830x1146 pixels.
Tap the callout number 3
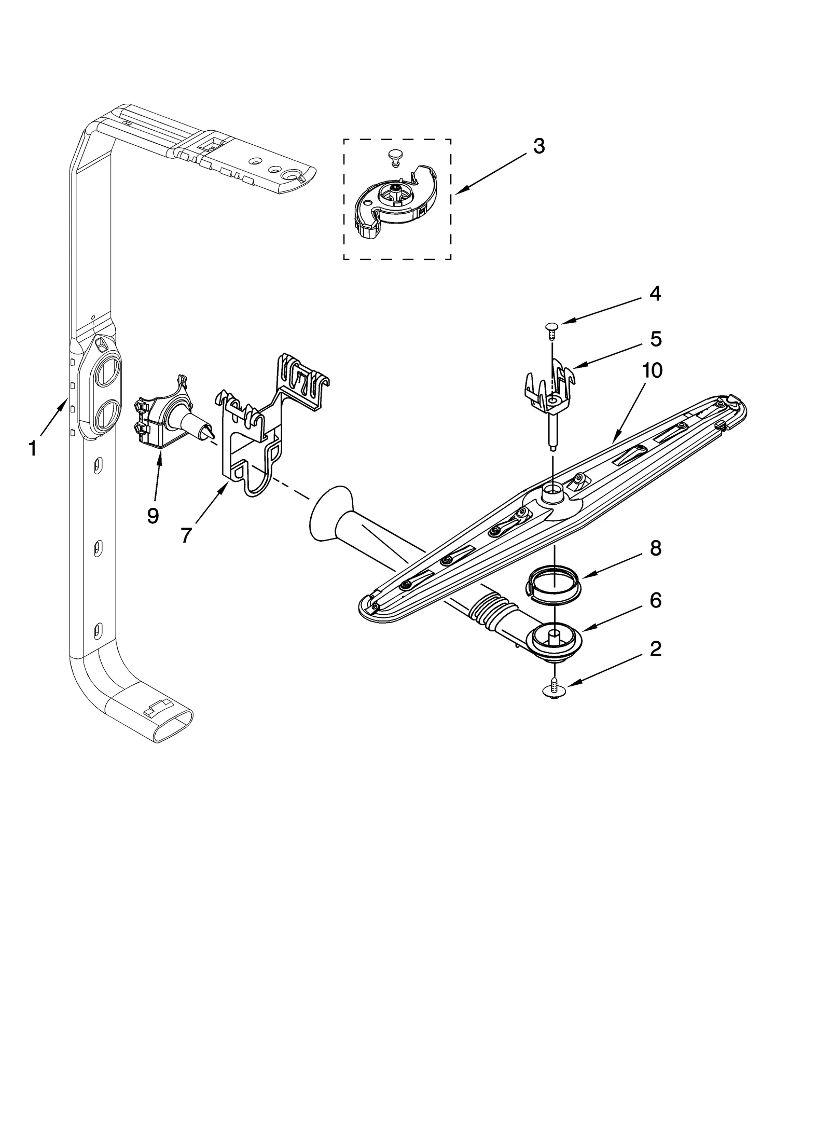(539, 147)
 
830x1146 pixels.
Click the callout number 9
(153, 516)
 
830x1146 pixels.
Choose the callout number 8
(656, 548)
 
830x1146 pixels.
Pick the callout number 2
(656, 648)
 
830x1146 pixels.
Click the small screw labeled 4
(551, 328)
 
